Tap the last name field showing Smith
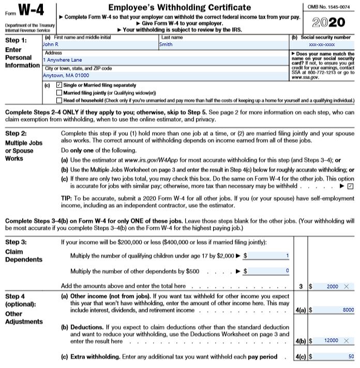(222, 45)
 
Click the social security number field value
(321, 45)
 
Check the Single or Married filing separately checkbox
(59, 85)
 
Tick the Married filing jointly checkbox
(59, 92)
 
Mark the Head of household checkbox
(59, 99)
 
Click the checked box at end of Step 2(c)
(350, 185)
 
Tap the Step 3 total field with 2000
(329, 286)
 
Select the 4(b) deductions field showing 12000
(329, 341)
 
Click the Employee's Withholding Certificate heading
(179, 7)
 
